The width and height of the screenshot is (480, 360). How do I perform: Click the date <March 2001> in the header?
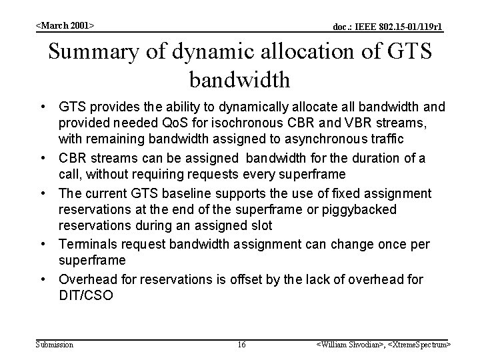[65, 25]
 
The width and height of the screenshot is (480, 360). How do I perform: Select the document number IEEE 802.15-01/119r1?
[387, 27]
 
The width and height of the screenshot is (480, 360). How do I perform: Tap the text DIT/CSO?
[86, 295]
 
